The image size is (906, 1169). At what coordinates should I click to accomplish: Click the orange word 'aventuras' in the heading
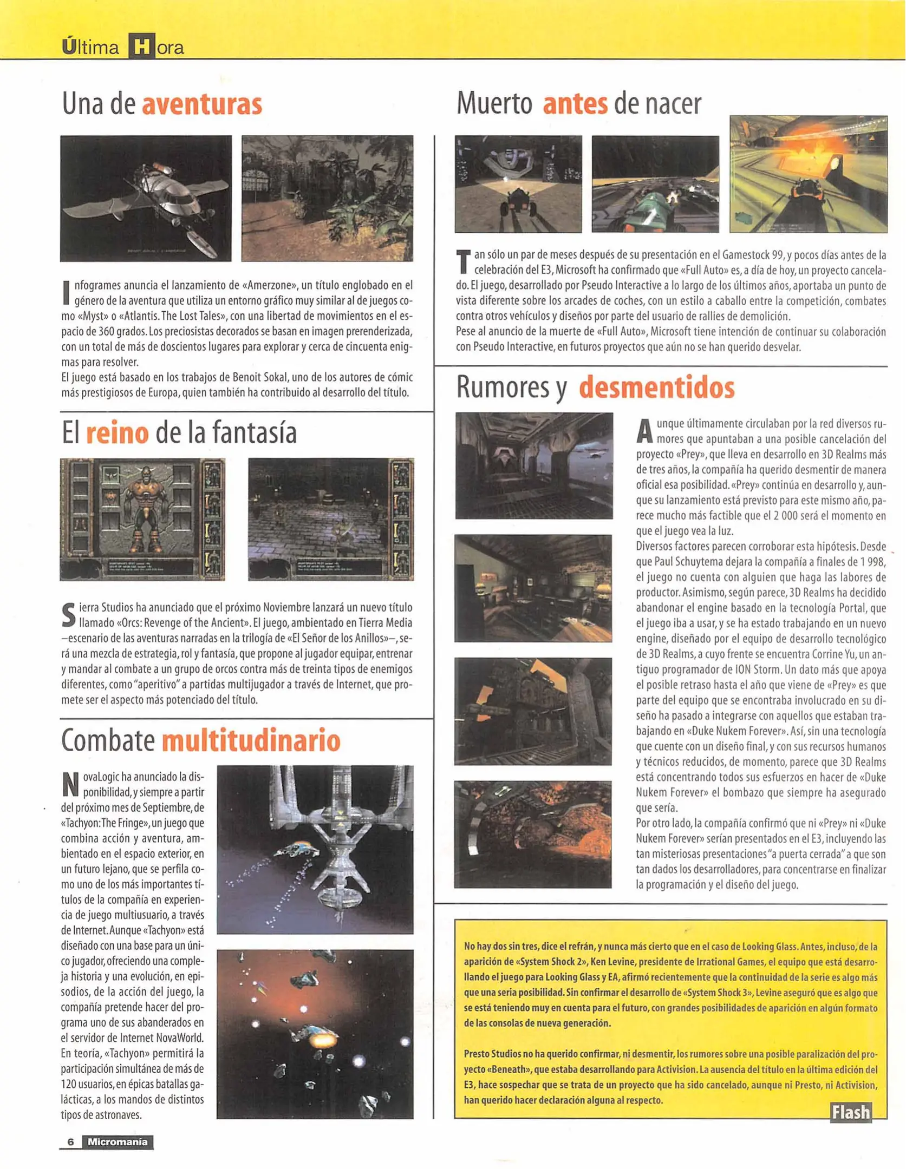coord(201,104)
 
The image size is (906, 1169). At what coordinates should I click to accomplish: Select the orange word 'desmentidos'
coord(656,388)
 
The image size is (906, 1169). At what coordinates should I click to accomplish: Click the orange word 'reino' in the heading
coord(117,433)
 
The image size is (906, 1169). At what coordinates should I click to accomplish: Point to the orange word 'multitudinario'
coord(251,740)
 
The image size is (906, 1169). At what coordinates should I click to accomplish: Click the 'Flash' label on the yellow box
coord(850,1112)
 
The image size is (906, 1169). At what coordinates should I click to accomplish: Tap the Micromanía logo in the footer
coord(117,1141)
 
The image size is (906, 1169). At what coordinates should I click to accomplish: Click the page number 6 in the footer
coord(70,1141)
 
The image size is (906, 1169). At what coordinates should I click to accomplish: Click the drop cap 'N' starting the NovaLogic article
coord(70,785)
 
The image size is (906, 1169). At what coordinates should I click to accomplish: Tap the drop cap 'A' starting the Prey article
coord(644,431)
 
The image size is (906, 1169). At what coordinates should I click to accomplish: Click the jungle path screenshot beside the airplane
coord(327,198)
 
